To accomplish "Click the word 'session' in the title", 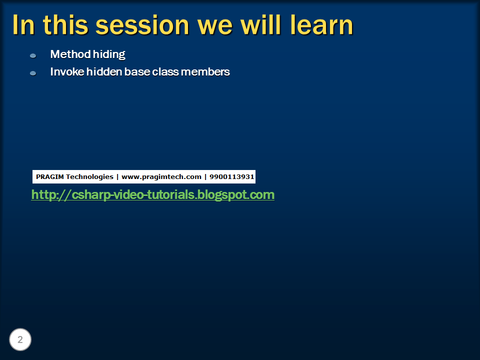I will pos(138,25).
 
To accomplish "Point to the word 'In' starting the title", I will pos(23,25).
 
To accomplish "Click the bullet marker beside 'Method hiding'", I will pos(33,55).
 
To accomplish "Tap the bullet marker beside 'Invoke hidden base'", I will pos(33,73).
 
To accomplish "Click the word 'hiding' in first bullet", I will pos(109,54).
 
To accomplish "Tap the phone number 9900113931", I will pos(232,176).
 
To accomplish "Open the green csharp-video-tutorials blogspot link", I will pos(152,194).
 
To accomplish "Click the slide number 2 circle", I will pos(20,340).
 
